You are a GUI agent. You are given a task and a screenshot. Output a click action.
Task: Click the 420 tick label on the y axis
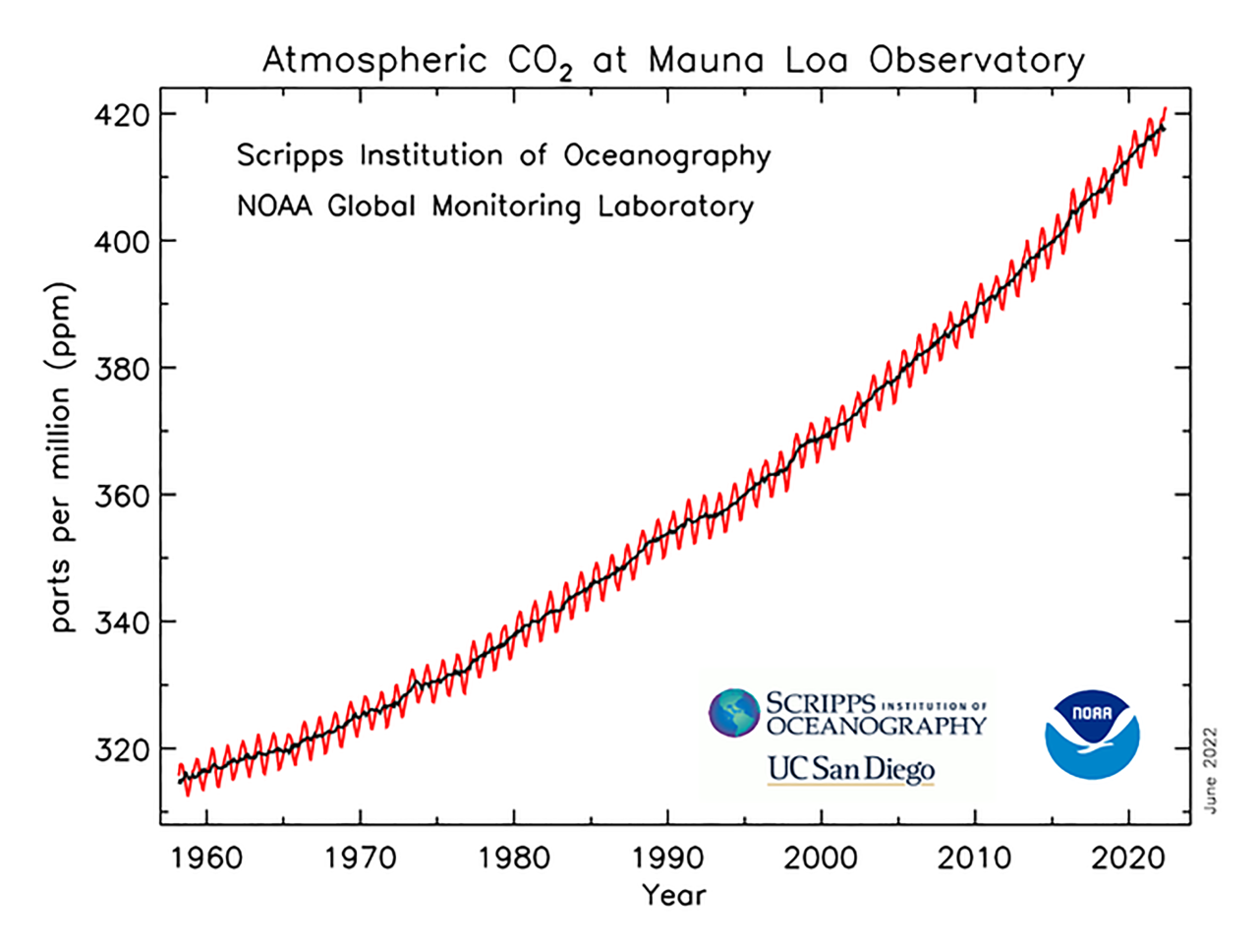point(122,115)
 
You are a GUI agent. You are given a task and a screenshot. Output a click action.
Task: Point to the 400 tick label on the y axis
point(122,242)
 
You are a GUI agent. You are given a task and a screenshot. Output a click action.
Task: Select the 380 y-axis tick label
point(122,369)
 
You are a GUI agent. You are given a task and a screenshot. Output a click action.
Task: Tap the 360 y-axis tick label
point(122,496)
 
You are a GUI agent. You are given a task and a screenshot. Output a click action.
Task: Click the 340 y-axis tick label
point(122,622)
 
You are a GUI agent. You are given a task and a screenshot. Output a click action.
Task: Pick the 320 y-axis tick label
point(122,749)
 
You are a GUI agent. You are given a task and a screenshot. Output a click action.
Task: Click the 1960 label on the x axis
point(206,859)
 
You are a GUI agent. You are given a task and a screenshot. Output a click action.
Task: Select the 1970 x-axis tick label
point(360,859)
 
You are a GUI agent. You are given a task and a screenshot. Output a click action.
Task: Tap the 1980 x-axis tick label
point(514,859)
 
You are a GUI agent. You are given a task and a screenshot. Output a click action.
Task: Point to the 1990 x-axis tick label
point(667,859)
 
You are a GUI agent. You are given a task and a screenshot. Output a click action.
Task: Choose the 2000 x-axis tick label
point(821,859)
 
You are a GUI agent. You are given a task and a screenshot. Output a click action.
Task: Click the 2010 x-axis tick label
point(974,859)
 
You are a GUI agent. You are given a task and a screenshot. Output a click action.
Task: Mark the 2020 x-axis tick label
point(1128,859)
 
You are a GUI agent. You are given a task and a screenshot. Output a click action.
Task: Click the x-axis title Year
point(673,896)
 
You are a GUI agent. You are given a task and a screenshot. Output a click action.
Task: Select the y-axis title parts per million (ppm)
point(61,457)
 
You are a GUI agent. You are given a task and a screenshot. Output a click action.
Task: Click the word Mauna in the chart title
point(705,61)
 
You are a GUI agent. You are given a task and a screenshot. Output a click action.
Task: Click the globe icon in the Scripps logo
point(734,713)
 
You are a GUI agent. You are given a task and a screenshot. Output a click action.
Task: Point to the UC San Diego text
point(850,769)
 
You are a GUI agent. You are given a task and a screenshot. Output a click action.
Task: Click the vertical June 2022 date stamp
point(1210,770)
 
